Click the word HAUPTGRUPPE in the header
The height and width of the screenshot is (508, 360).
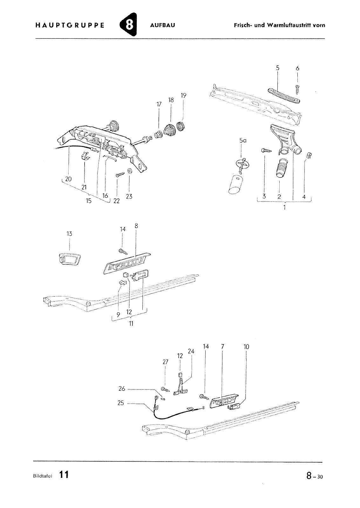pos(70,25)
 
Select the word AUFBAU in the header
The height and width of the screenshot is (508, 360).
pos(162,25)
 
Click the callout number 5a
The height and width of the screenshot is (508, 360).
pos(243,141)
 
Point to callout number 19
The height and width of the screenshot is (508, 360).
pos(183,96)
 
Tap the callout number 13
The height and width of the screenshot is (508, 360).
pos(69,234)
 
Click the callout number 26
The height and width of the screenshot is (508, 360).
pos(122,389)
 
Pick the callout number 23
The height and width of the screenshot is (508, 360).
pos(129,197)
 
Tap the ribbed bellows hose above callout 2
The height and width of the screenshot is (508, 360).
pos(280,168)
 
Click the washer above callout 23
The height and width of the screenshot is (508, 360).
pos(129,170)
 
